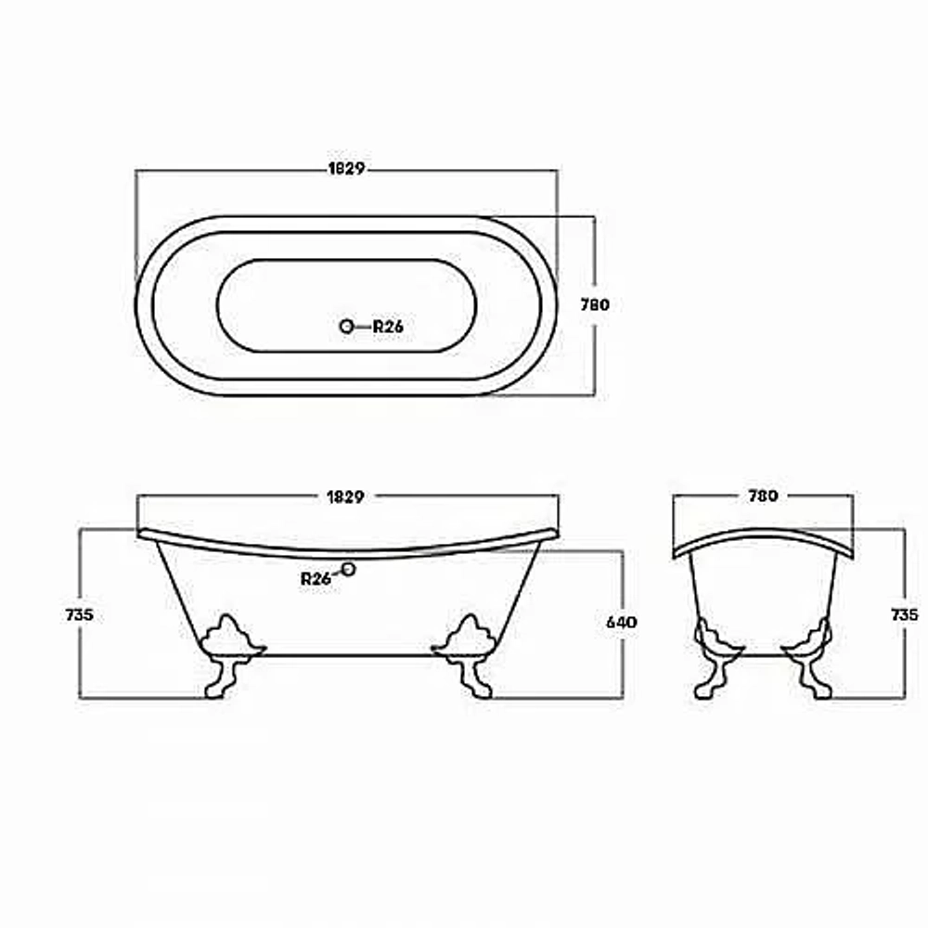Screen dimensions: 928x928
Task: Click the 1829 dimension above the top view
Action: [346, 169]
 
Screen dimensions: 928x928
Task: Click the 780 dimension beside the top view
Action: [595, 304]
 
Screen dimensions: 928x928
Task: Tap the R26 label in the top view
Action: [388, 326]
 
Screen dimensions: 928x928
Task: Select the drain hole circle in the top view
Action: [346, 326]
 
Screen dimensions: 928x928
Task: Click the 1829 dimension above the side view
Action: [345, 496]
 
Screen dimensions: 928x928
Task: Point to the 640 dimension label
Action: [622, 623]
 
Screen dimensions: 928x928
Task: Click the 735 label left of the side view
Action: [79, 615]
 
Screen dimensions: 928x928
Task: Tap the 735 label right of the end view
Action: [905, 615]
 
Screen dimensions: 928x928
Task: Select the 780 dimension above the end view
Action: [763, 496]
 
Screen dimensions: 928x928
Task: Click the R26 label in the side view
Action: [316, 579]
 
